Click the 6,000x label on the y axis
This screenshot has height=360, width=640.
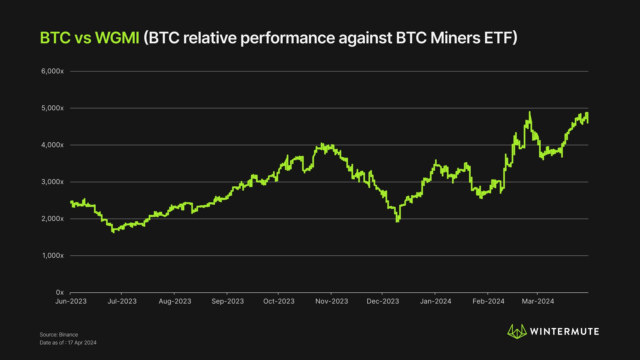[52, 71]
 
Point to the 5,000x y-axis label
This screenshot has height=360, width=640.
[52, 108]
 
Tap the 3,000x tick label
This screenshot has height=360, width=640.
[52, 182]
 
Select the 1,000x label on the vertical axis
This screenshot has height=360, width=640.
[53, 256]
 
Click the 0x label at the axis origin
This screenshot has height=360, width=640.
[60, 292]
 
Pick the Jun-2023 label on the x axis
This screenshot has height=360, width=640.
[71, 301]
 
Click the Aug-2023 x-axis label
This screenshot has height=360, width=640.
[175, 301]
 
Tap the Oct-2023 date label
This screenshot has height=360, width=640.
[279, 301]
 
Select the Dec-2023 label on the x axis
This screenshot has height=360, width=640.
[383, 301]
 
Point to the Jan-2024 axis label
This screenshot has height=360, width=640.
[435, 301]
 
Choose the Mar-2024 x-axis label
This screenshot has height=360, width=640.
[538, 301]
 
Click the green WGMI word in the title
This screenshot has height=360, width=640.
[117, 38]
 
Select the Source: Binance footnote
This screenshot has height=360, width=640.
[59, 335]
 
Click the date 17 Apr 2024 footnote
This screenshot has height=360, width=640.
[82, 343]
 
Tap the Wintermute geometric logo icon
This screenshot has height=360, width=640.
[517, 332]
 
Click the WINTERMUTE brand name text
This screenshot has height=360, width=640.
[564, 332]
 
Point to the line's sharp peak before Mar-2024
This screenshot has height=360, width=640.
[530, 112]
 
